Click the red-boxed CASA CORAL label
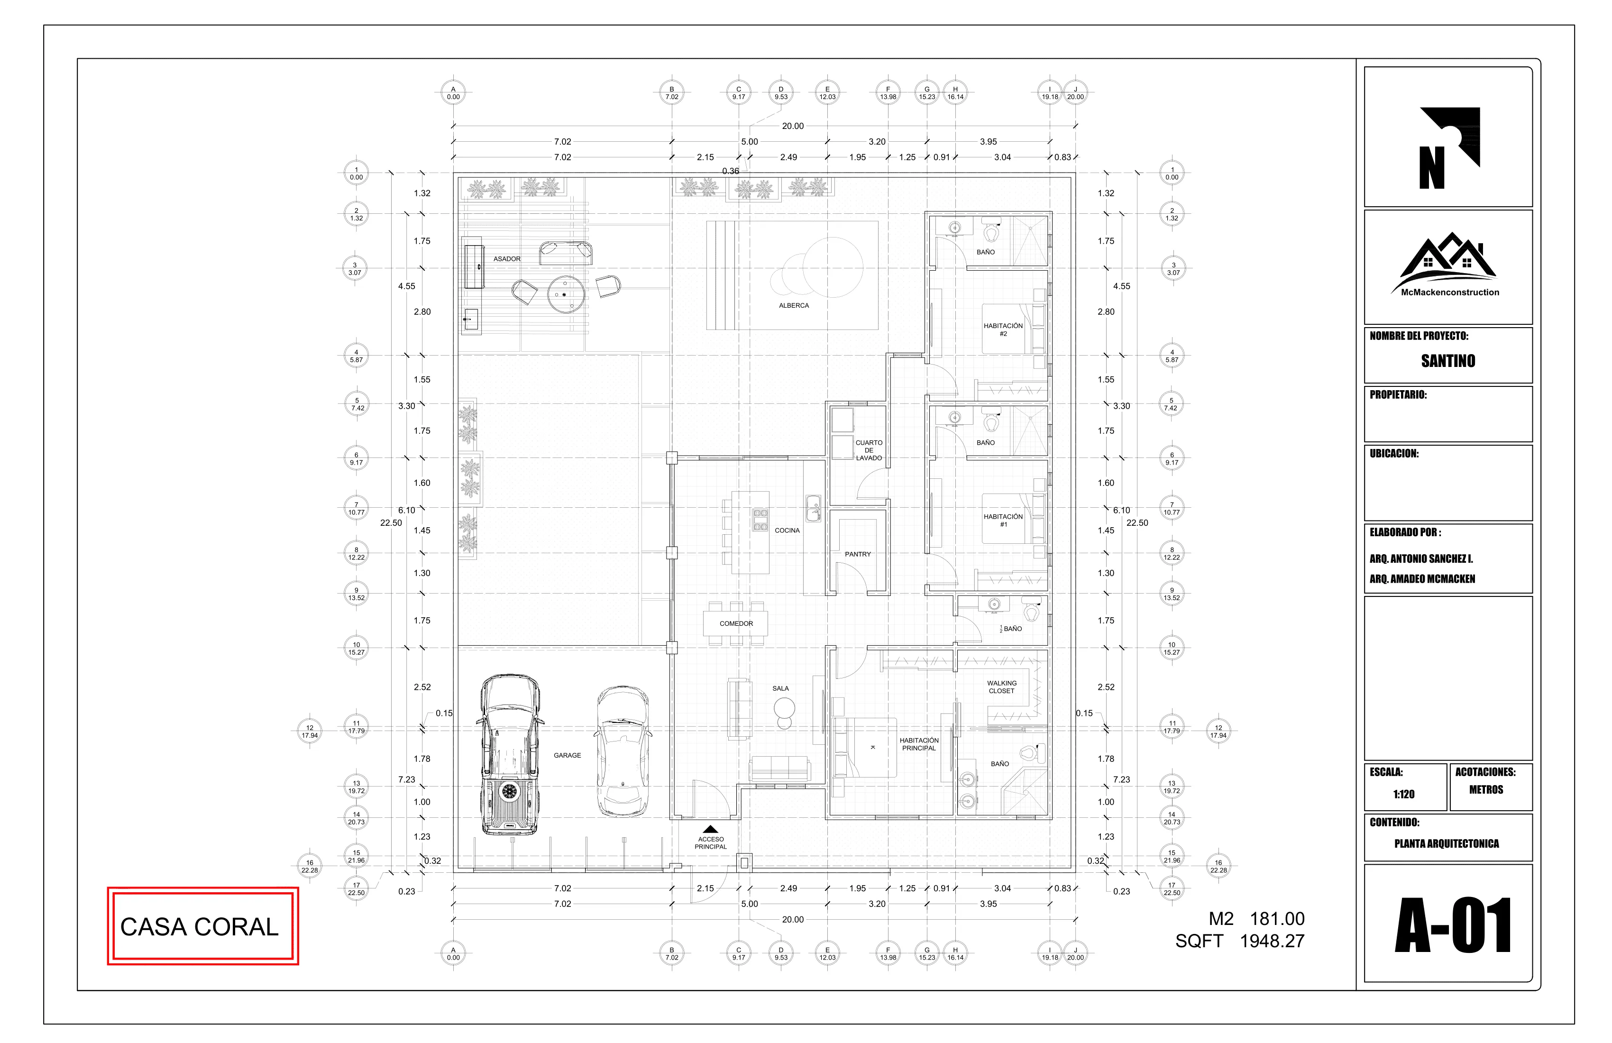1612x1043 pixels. click(199, 926)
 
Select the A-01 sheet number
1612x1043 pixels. click(1453, 926)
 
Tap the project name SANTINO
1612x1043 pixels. click(1447, 361)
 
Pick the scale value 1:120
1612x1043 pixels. click(1403, 795)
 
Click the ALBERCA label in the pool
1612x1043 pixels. click(794, 305)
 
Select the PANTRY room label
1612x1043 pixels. click(858, 554)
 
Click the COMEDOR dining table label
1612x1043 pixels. click(736, 624)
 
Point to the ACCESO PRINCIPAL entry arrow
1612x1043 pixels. click(711, 830)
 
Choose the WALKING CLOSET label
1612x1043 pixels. click(1002, 687)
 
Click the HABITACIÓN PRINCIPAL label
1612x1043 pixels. click(919, 744)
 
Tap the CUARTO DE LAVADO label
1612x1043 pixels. click(869, 450)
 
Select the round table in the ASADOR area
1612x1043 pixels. click(566, 294)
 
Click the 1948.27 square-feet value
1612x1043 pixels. click(1272, 942)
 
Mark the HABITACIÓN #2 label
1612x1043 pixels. click(1003, 330)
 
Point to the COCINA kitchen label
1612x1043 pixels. click(787, 531)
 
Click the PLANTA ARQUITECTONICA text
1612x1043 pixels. click(1446, 844)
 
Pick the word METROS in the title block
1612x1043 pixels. click(1486, 790)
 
